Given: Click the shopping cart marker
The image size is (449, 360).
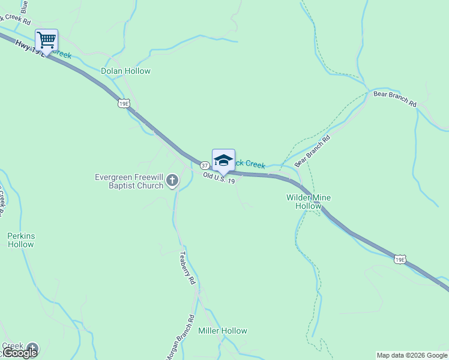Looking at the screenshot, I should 46,40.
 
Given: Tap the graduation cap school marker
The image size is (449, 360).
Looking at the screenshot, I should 223,160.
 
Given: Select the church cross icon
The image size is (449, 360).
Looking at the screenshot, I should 172,180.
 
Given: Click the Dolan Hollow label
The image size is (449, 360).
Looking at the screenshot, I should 125,71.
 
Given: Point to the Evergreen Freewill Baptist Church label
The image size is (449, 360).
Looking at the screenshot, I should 129,181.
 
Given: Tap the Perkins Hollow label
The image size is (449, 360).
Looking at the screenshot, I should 21,240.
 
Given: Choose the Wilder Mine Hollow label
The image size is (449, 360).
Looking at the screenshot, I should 309,202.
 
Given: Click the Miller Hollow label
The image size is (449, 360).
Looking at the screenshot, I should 222,331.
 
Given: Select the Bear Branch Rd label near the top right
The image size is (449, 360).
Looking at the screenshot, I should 394,99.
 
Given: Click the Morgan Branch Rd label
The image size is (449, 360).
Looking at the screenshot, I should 180,337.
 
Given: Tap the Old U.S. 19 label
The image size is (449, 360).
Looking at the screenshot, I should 218,178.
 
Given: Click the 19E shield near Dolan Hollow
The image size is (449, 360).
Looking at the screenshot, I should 123,104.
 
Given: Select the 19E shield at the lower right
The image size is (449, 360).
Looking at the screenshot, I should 400,259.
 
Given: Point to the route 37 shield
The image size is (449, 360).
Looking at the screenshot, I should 204,165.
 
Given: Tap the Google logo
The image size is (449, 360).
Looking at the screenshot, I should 19,352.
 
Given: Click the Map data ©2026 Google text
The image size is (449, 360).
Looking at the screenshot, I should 411,355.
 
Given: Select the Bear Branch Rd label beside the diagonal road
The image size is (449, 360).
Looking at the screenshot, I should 313,151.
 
